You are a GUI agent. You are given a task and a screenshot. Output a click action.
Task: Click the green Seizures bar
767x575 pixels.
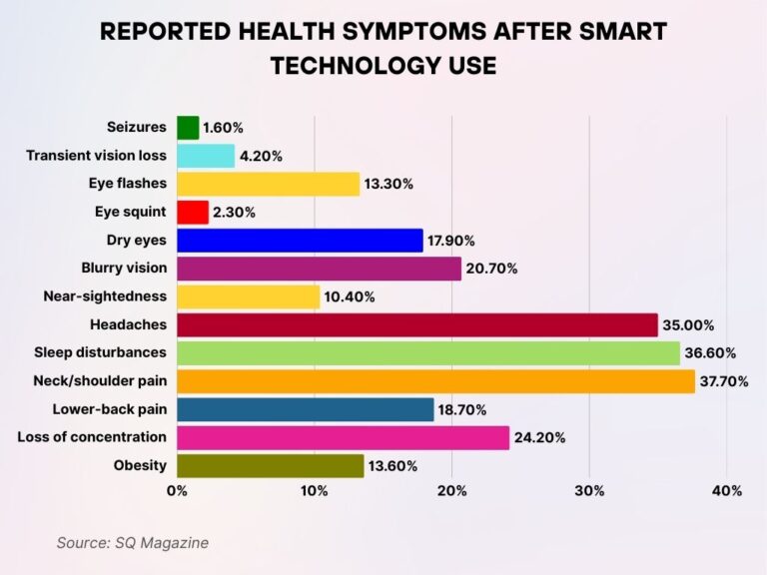coord(188,128)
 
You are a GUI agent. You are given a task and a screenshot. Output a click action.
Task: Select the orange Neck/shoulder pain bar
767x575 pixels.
coord(435,380)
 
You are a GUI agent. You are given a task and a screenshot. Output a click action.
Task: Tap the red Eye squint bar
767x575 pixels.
coord(193,212)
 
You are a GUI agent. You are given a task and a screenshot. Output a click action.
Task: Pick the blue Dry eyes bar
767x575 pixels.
coord(300,240)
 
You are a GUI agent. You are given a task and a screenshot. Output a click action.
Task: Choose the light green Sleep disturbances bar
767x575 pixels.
coord(428,352)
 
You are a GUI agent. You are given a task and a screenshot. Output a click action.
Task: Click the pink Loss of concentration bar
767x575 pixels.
coord(343,437)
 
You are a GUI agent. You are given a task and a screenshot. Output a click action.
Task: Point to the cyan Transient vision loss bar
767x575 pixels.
coord(206,156)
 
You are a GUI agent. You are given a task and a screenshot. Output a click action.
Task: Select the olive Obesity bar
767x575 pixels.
coord(271,465)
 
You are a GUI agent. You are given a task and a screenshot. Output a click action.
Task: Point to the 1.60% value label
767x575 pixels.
coord(223,128)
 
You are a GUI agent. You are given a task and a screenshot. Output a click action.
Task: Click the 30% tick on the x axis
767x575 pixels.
coord(589,491)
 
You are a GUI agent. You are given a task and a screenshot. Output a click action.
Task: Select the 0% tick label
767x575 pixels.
coord(177,491)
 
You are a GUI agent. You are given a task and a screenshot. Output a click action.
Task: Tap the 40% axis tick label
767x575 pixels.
coord(727,491)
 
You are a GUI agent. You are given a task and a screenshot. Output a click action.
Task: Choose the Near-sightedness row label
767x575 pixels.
coord(105,296)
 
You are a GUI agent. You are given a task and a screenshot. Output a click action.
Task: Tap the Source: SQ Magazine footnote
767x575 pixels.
coord(132,542)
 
